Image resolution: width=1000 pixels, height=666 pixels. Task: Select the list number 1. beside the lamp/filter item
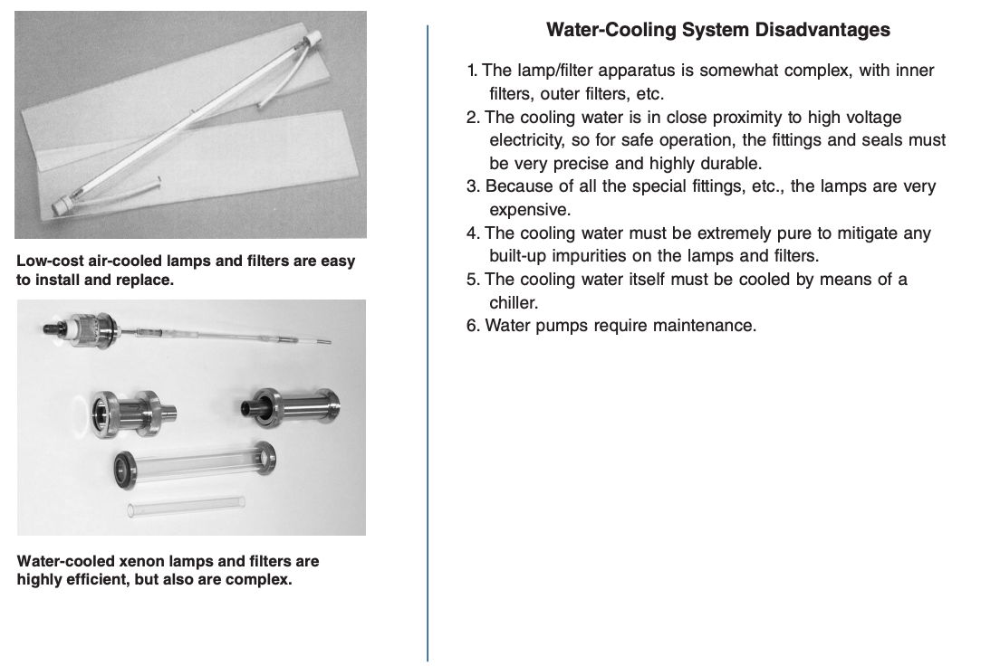point(472,71)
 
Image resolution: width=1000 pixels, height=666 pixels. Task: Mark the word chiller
point(514,303)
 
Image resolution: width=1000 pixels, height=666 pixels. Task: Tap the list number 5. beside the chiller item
point(473,280)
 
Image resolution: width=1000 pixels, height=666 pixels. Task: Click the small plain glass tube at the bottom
point(186,506)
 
